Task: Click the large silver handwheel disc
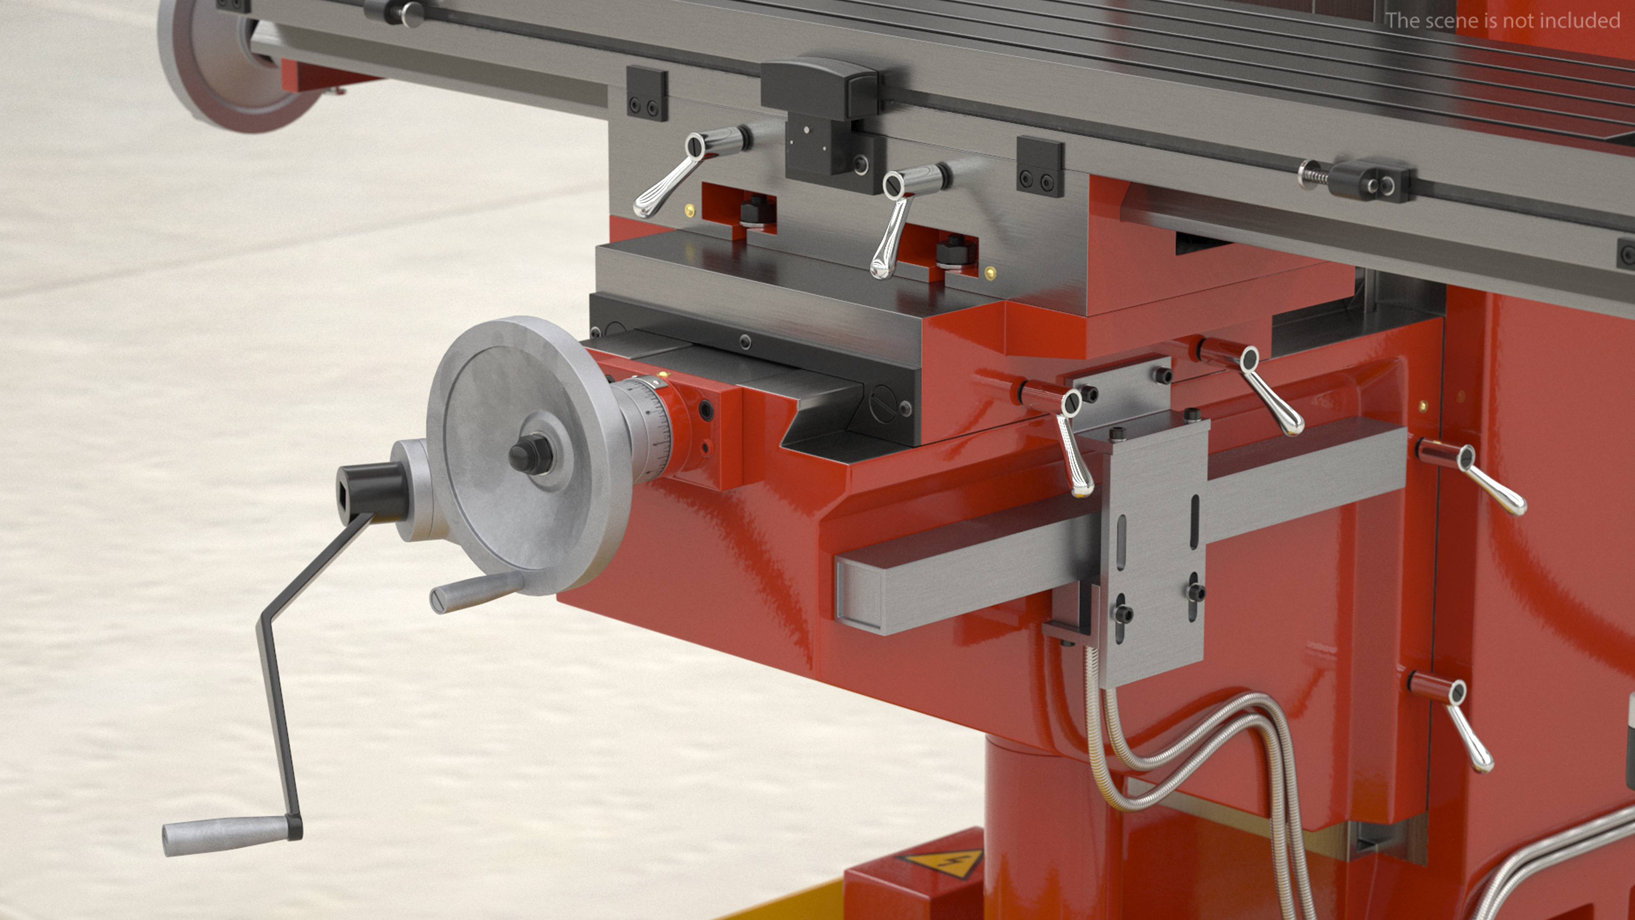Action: tap(520, 455)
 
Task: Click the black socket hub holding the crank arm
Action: tap(371, 492)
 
